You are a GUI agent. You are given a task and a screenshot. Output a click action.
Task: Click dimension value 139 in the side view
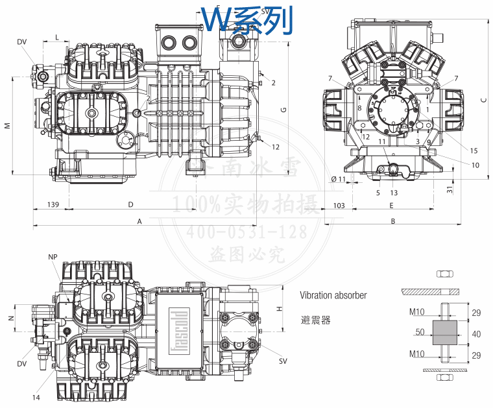(54, 205)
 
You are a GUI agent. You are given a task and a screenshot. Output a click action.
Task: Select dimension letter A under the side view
(139, 221)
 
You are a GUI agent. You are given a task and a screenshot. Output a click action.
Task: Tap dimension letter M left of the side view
(6, 125)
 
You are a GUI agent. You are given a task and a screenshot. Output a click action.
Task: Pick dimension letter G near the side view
(283, 110)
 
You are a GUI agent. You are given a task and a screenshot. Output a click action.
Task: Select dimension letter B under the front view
(392, 221)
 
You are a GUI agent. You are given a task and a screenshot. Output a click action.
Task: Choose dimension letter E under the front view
(392, 205)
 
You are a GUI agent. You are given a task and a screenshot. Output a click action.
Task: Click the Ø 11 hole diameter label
(339, 178)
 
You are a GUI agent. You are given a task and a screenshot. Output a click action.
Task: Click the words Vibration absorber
(333, 295)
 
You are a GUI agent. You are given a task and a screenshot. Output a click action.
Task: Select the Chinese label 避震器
(316, 320)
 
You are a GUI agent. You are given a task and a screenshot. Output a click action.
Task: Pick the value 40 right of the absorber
(476, 334)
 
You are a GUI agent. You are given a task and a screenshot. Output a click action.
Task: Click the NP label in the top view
(53, 257)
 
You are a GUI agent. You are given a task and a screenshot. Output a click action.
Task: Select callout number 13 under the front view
(394, 192)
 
